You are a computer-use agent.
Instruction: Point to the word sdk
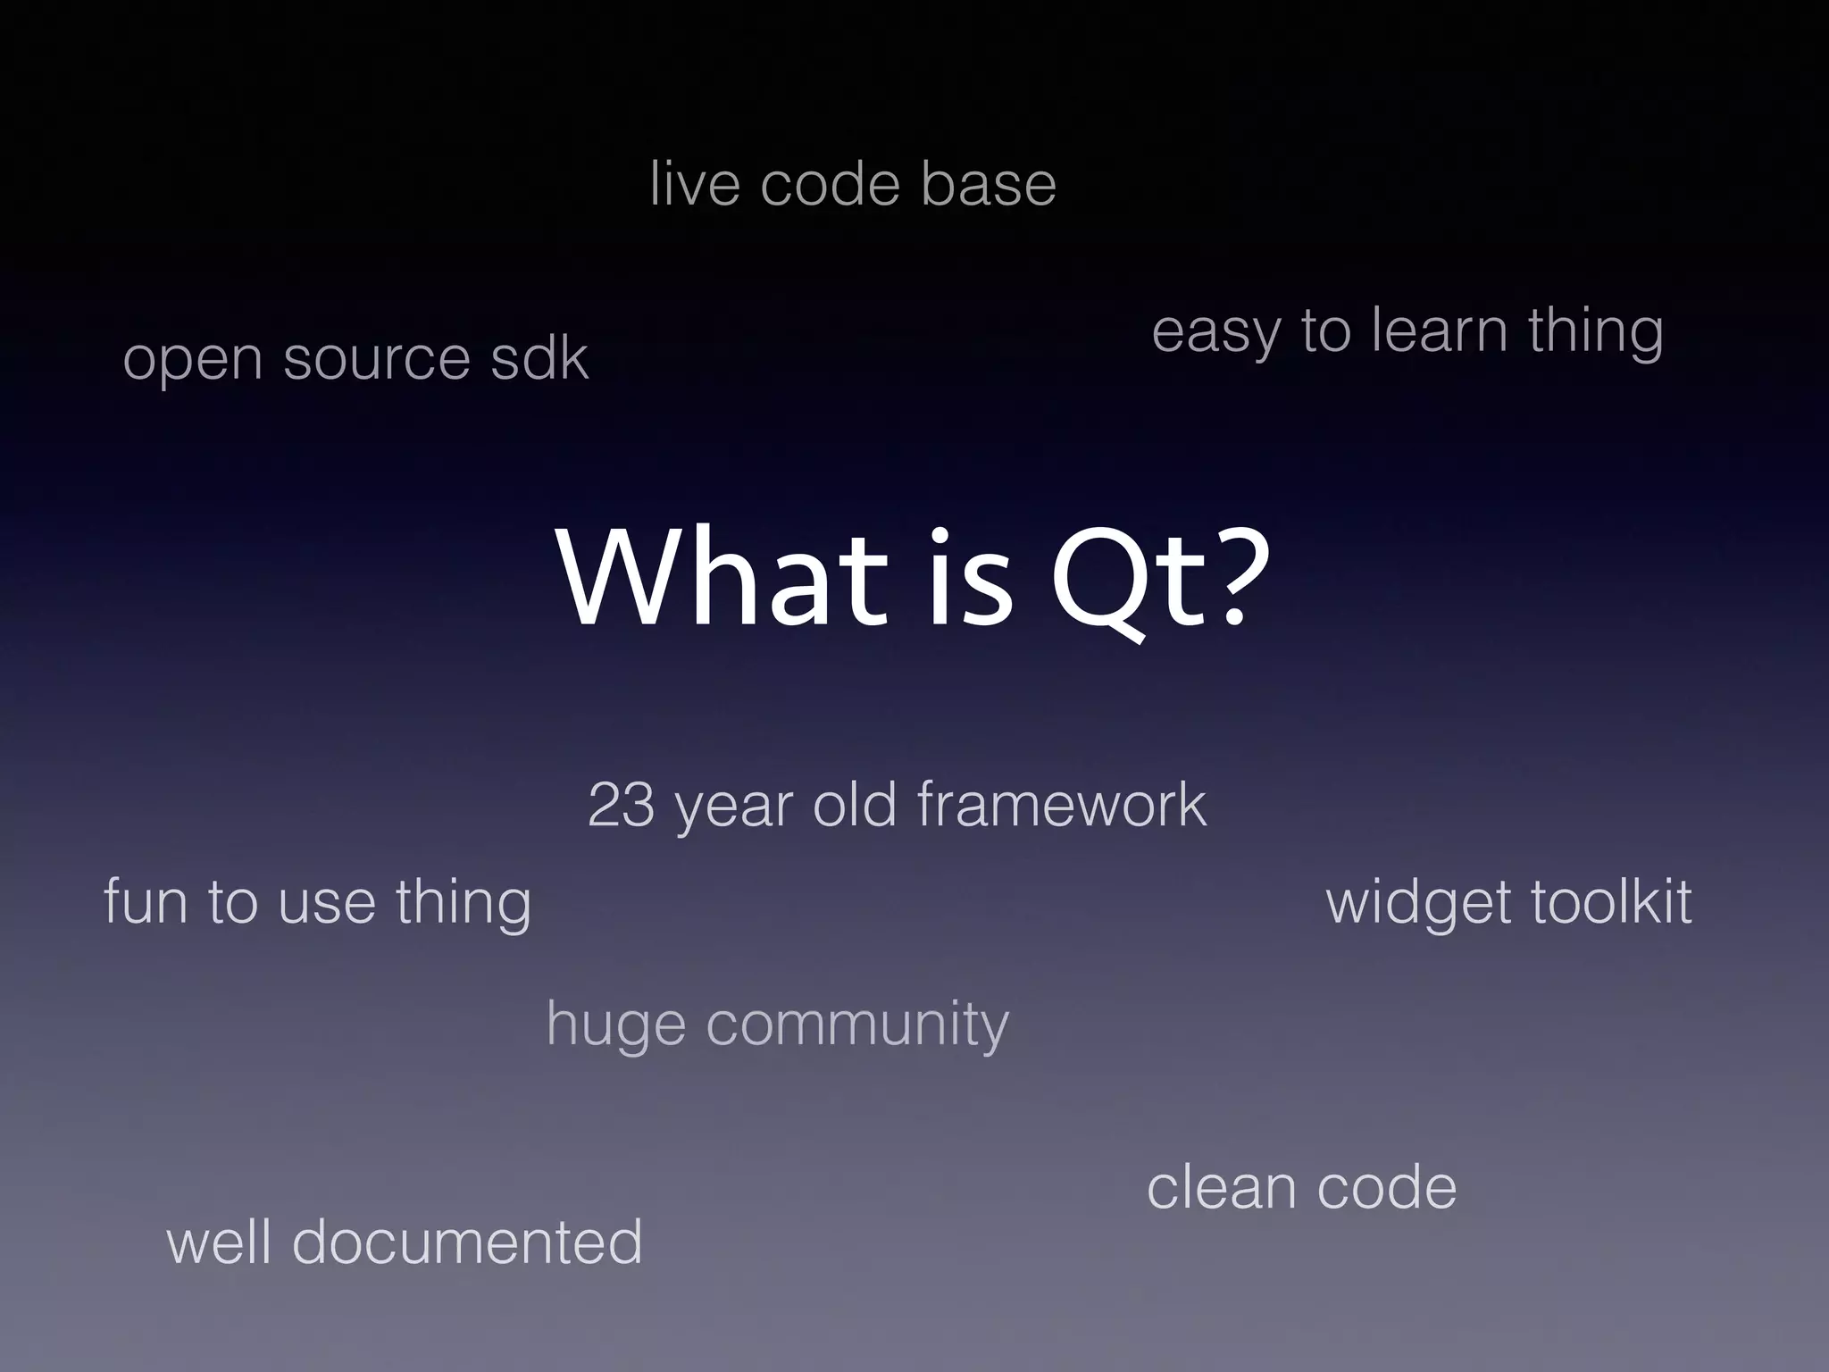(x=539, y=357)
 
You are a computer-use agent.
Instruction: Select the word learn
(x=1440, y=330)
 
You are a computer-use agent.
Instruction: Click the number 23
(x=621, y=805)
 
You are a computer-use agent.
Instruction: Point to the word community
(x=857, y=1025)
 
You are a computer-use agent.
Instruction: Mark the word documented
(x=467, y=1242)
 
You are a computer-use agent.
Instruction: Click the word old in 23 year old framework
(x=854, y=805)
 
